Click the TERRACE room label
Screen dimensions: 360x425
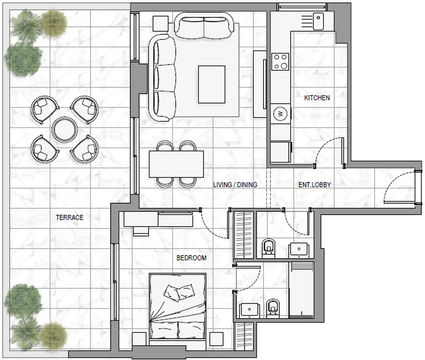point(69,217)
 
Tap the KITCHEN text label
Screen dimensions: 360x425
point(317,98)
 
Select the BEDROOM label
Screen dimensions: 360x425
point(191,258)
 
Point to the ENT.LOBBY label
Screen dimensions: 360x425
point(314,185)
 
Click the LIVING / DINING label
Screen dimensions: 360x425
point(235,185)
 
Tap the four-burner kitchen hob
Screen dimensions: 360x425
point(280,62)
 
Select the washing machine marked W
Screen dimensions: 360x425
point(280,114)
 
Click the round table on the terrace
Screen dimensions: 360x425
point(65,129)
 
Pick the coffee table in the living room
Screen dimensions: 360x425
point(212,84)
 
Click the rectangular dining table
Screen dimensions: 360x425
point(176,164)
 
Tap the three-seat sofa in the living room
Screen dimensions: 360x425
point(161,78)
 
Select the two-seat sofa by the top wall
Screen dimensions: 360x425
point(204,27)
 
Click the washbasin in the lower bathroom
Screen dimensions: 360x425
point(249,310)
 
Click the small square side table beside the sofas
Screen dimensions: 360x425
point(160,23)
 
